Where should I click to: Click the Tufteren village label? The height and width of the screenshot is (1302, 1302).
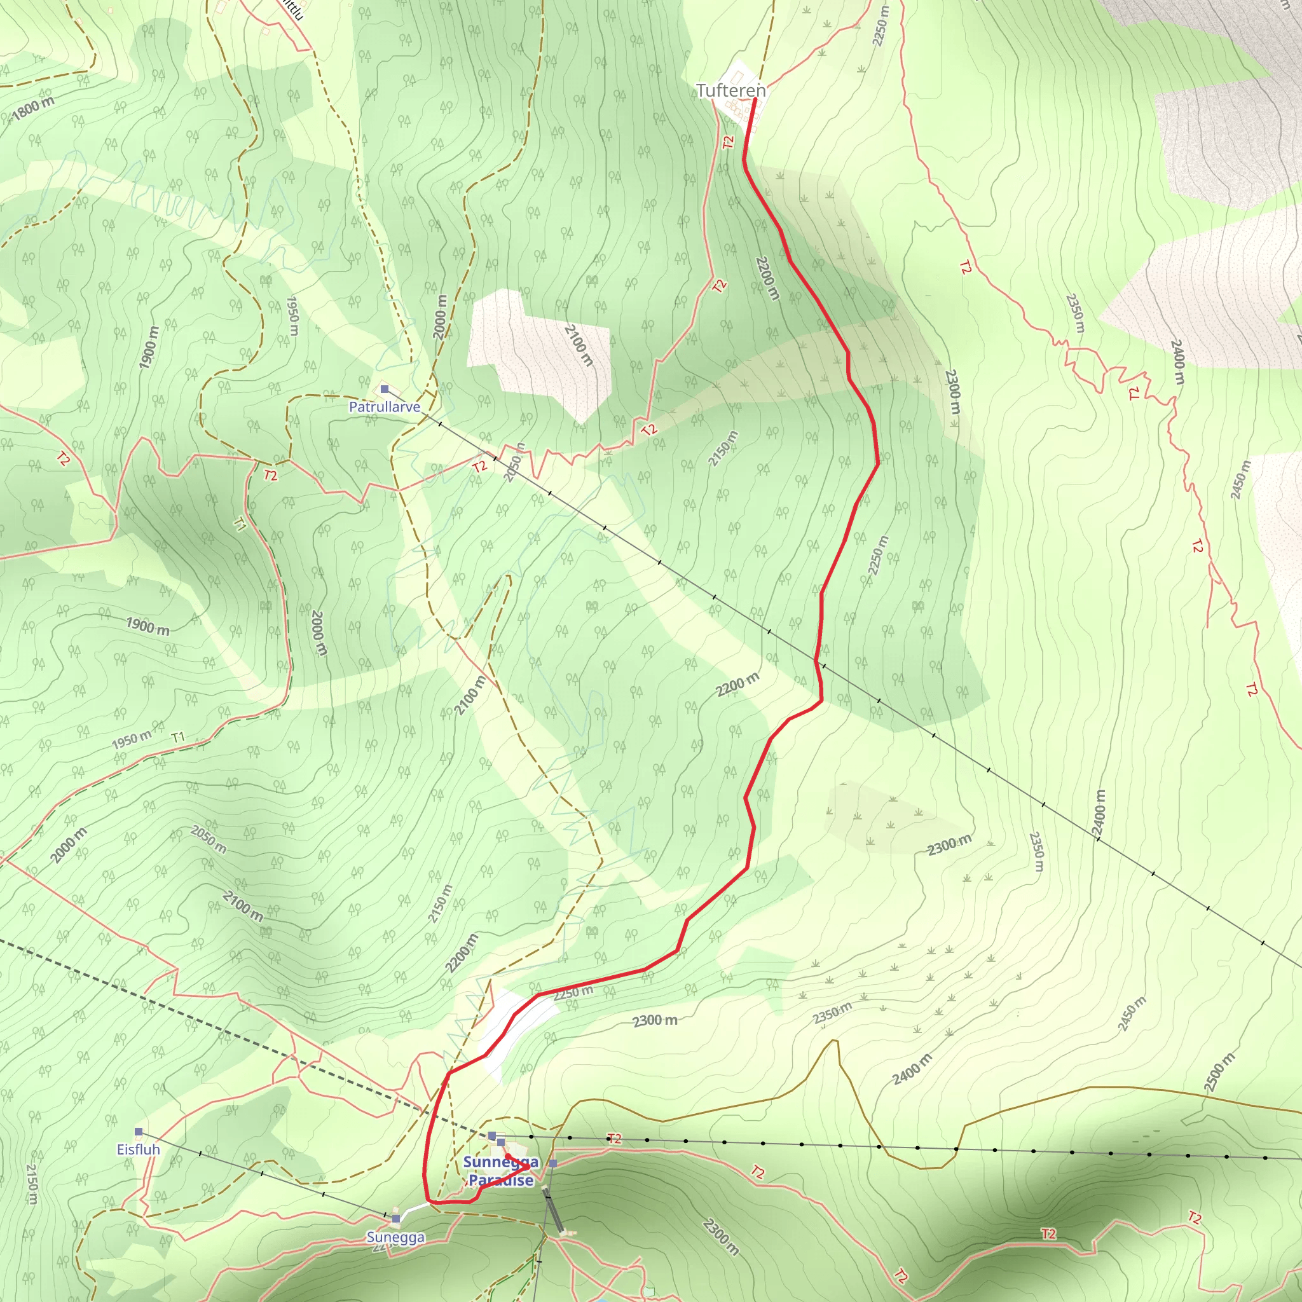tap(730, 90)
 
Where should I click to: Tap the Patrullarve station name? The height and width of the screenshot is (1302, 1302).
tap(384, 407)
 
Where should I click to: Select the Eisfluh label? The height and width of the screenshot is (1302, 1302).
tap(138, 1149)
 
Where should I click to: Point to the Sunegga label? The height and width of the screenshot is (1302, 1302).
tap(395, 1237)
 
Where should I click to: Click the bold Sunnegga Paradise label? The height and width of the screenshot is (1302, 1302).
tap(501, 1170)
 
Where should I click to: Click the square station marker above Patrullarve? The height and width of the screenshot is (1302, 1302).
tap(385, 389)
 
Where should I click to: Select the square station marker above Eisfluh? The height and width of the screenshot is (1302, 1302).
tap(139, 1132)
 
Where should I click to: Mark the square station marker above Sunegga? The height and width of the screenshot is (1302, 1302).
tap(396, 1219)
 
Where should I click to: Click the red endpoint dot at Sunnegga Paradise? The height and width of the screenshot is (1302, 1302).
tap(508, 1156)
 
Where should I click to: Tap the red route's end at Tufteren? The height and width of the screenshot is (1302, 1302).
tap(754, 100)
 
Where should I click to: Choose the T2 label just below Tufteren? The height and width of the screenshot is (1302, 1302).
tap(728, 142)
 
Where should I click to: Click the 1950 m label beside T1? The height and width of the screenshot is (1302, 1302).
tap(132, 740)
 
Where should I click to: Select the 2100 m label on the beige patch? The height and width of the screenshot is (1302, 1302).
tap(579, 345)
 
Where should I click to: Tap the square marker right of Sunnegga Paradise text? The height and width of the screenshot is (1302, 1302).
tap(553, 1163)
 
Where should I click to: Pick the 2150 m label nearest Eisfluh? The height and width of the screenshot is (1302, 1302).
tap(32, 1184)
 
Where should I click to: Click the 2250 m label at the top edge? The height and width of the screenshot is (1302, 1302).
tap(880, 25)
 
